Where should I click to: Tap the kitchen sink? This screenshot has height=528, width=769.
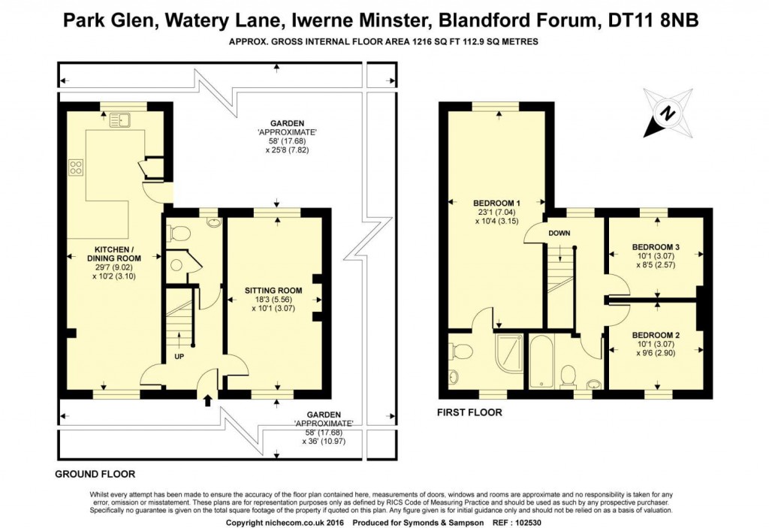120,119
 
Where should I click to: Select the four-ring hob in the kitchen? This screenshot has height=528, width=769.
77,167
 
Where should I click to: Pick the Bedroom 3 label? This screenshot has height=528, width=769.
656,247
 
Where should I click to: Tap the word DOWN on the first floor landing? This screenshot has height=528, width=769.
559,233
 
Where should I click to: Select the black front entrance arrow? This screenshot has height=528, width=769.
207,400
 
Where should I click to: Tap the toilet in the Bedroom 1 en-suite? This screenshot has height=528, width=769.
463,351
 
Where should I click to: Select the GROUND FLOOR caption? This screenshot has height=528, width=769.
95,474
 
